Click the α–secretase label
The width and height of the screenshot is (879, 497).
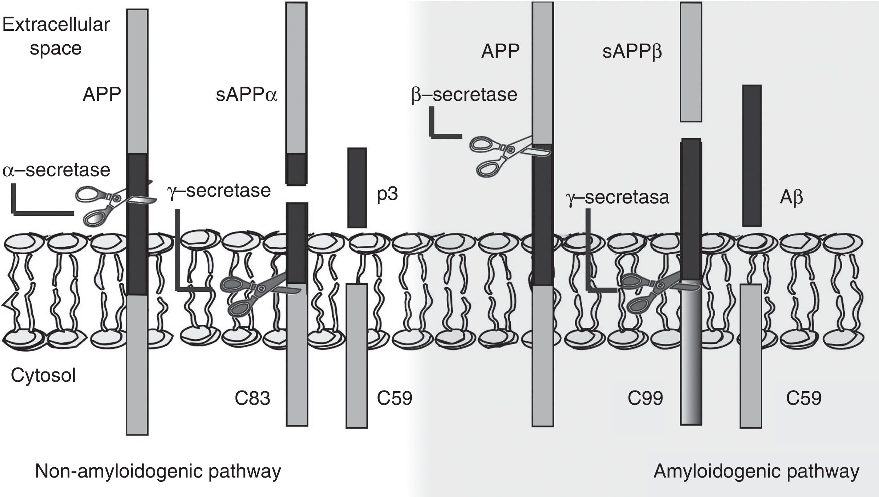[56, 170]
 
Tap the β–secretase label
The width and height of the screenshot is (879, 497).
[464, 95]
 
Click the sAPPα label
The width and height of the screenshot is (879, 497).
[247, 95]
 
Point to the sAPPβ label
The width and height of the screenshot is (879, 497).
[632, 52]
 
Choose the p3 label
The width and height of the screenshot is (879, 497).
[387, 194]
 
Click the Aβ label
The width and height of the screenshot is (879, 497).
[791, 198]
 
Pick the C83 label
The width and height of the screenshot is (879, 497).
[252, 399]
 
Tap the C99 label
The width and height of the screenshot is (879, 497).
[645, 399]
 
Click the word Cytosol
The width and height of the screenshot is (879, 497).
[43, 375]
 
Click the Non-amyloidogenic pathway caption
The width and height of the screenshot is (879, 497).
[158, 471]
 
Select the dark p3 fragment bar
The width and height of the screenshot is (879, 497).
[357, 187]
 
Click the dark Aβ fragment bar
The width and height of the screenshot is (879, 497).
[752, 156]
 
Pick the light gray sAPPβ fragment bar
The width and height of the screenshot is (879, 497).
[691, 62]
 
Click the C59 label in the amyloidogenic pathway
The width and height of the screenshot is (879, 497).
[804, 399]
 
